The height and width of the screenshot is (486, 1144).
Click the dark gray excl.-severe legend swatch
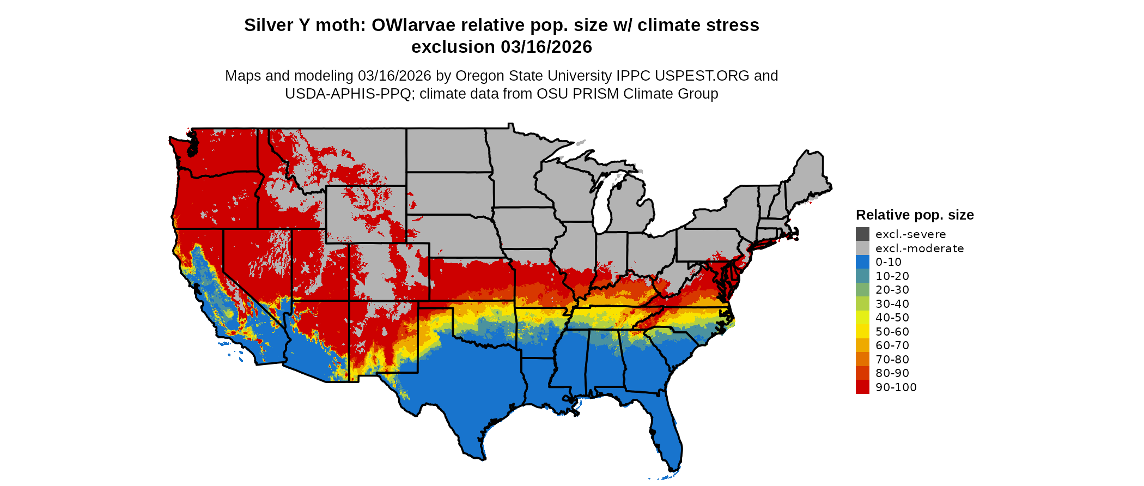click(862, 234)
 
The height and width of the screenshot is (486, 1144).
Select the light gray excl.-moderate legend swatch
click(862, 248)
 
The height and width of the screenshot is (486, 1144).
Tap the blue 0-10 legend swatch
click(862, 262)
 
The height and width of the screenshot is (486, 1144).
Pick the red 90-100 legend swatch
click(862, 387)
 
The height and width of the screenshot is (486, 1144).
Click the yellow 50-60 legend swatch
click(862, 332)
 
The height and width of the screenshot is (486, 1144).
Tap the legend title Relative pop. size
click(915, 215)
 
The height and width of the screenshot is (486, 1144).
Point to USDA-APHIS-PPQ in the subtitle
click(348, 94)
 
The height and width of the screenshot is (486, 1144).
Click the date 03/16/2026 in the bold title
click(546, 47)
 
